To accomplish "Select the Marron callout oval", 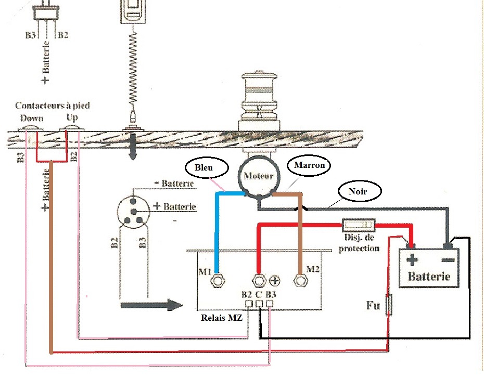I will click(309, 166).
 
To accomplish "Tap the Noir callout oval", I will click(359, 191).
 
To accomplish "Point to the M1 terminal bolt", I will click(217, 281).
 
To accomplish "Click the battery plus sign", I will click(413, 258).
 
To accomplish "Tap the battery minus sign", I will click(449, 258).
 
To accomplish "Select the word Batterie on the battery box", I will click(429, 276).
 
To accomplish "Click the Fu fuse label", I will click(372, 305).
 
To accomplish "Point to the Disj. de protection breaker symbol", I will click(359, 226).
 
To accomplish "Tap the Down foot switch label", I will click(31, 118).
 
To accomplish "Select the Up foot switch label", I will click(72, 118).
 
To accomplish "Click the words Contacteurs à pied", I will click(52, 106).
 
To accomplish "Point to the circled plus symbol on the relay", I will click(275, 281).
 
